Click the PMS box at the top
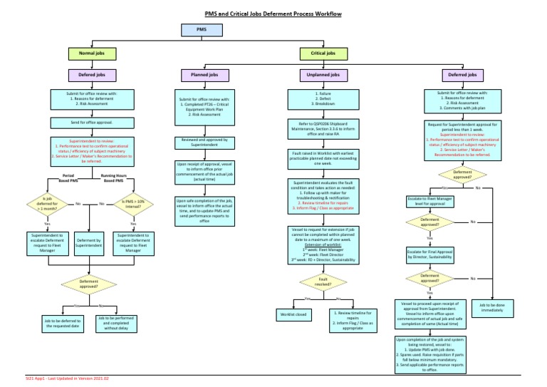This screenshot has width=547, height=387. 202,29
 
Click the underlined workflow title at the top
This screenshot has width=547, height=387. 274,12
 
